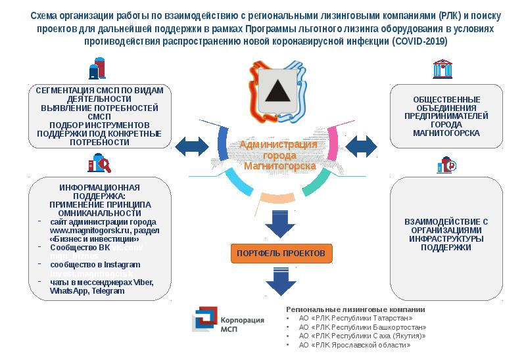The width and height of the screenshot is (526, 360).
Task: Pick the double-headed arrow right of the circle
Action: pyautogui.click(x=360, y=145)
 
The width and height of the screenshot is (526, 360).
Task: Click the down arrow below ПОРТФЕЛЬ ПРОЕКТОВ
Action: pyautogui.click(x=278, y=282)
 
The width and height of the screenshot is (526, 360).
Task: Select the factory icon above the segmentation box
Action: pyautogui.click(x=97, y=68)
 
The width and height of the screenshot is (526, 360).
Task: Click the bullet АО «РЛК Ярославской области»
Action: pyautogui.click(x=354, y=344)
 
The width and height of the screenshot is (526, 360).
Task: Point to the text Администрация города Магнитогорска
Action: pyautogui.click(x=279, y=155)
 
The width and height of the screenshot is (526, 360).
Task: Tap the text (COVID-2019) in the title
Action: pyautogui.click(x=419, y=41)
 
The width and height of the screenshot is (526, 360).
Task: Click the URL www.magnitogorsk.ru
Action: pyautogui.click(x=84, y=231)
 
